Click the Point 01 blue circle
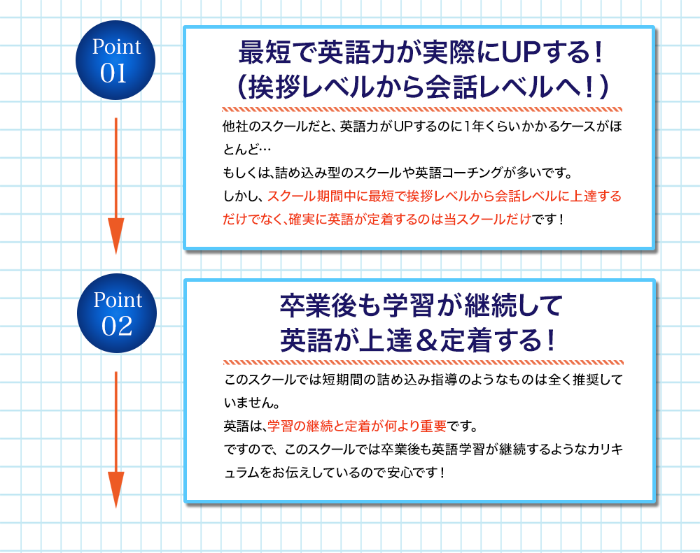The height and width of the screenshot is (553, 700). [x=116, y=61]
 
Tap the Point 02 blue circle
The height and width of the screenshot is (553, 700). [x=116, y=313]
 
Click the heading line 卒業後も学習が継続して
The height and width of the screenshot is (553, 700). [x=421, y=306]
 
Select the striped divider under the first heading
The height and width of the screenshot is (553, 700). [x=421, y=109]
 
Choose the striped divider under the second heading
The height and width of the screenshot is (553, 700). [x=423, y=362]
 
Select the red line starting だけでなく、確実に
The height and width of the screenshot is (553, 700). [x=378, y=218]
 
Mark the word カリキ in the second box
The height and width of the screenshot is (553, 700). [x=601, y=448]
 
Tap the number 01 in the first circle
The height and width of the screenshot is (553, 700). [x=116, y=73]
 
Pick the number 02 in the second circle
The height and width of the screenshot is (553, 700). [x=116, y=326]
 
